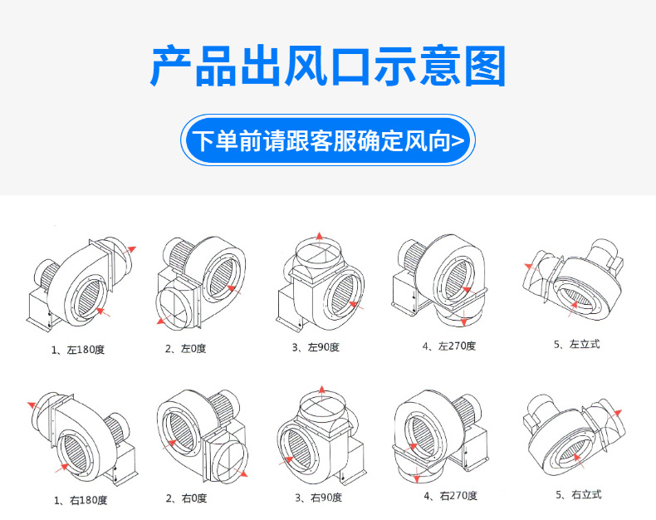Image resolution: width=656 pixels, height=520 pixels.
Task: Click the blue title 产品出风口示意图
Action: coord(328,66)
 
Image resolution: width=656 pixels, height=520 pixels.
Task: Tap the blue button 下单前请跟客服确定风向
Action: coord(328,140)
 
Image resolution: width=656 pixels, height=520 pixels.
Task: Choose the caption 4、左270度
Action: coord(449,346)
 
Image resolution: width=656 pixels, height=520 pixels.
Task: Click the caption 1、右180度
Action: coord(80,500)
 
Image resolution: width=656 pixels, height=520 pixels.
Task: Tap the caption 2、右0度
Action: coord(186,498)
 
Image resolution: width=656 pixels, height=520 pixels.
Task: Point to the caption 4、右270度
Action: coord(450,496)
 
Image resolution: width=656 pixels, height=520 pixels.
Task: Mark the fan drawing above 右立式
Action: coord(573,432)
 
